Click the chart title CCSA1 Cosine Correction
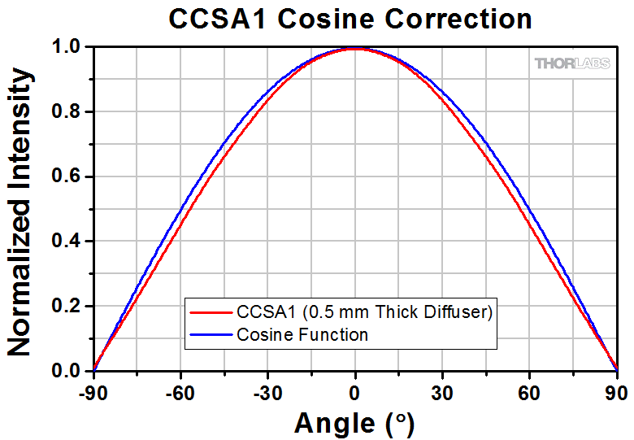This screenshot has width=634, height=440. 350,18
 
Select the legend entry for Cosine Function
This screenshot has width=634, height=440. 302,334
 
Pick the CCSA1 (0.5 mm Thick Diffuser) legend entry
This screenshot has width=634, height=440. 364,312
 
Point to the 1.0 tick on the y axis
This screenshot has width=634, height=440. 67,47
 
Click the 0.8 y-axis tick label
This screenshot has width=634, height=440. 67,112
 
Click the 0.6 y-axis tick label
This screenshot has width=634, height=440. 67,176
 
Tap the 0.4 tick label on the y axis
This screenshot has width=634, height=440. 67,242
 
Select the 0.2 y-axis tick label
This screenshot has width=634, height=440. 67,307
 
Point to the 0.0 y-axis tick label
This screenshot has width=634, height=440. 67,371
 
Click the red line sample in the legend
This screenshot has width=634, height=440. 211,312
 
